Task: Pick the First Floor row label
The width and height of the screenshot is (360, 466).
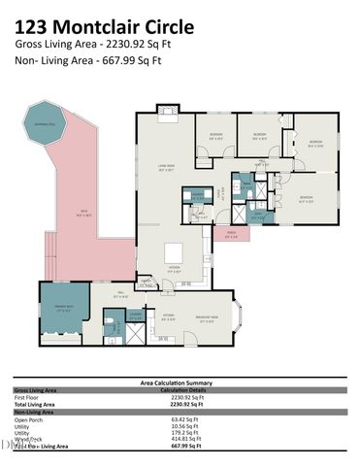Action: [26, 397]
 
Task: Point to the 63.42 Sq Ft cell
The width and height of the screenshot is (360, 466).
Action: [183, 419]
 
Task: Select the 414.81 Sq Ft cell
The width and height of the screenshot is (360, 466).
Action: [183, 438]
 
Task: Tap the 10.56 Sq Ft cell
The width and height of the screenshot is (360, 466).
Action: [183, 425]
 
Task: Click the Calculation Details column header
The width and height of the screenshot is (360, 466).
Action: [183, 390]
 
